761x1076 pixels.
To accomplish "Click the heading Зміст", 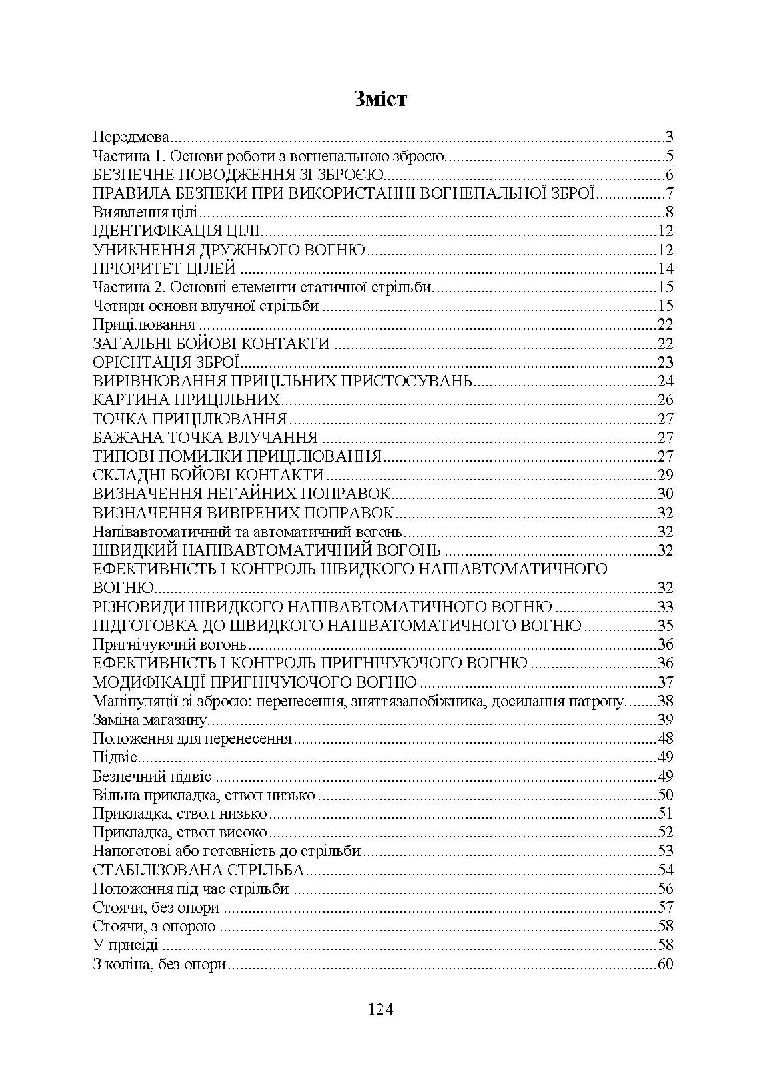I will [x=380, y=99].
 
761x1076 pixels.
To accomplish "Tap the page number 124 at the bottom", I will [x=380, y=1009].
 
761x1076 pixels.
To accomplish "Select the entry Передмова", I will [x=131, y=138].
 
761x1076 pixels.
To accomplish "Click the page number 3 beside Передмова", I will [x=669, y=138].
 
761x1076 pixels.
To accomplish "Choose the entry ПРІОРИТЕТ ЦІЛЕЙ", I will [x=165, y=269].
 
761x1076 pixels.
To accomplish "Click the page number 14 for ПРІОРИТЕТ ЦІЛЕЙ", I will [x=665, y=269].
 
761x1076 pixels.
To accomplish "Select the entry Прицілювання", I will [x=144, y=325].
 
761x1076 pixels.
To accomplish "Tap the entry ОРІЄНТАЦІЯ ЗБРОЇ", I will [x=166, y=362].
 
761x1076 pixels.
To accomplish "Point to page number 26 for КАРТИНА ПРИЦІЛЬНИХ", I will [x=665, y=400].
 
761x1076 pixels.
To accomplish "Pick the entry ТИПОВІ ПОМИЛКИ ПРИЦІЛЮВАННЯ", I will [x=237, y=456].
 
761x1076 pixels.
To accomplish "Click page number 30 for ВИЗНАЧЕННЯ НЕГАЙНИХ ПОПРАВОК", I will [x=665, y=494].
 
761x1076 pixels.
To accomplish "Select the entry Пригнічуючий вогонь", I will [x=169, y=644].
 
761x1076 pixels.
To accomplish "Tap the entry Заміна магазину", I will [x=150, y=720].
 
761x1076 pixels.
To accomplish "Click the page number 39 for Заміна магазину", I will [x=665, y=720].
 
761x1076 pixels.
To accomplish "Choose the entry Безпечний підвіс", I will [x=152, y=776].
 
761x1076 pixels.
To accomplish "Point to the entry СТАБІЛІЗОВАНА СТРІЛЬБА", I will [x=199, y=870].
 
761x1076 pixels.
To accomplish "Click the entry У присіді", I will [x=125, y=945].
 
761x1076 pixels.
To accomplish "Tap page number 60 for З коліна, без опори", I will [x=665, y=964].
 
